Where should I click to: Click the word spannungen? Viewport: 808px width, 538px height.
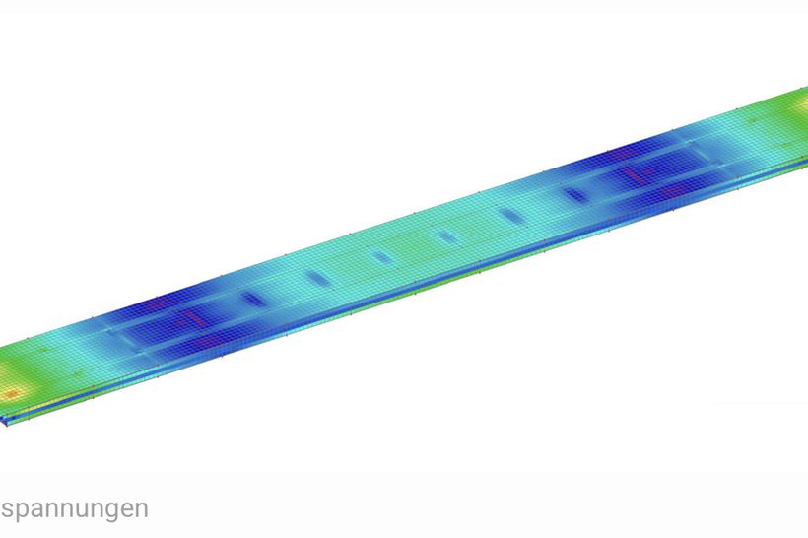click(x=75, y=509)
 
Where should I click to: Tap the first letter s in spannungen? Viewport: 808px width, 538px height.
click(x=7, y=509)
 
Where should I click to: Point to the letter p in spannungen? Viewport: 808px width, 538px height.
click(x=23, y=511)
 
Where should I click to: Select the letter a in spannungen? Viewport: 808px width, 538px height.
click(x=38, y=509)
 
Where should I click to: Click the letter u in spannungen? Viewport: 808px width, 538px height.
click(x=85, y=509)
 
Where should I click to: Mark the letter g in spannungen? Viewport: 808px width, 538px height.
click(x=116, y=511)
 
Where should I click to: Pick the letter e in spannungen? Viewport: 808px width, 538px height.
click(x=130, y=509)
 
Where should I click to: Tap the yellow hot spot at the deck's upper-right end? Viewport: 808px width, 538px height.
click(x=802, y=104)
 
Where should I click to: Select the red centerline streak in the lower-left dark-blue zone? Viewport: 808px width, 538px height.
click(x=192, y=318)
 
